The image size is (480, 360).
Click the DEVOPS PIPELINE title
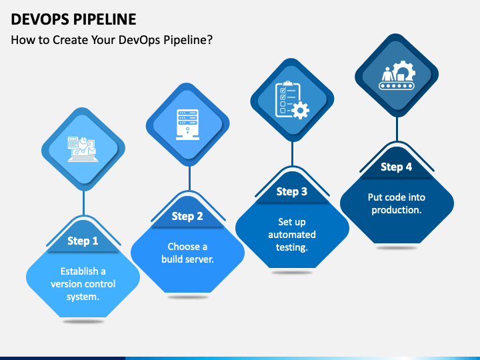click(73, 19)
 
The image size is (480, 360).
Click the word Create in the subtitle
click(71, 40)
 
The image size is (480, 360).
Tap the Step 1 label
click(83, 241)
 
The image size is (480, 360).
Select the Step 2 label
click(187, 217)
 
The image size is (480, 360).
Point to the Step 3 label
click(292, 191)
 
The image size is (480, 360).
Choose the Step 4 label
click(396, 167)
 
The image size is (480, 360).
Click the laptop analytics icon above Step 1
click(82, 149)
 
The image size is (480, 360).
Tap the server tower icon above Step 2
click(187, 125)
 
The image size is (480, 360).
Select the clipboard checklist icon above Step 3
click(292, 100)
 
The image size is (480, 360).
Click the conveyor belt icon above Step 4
click(397, 75)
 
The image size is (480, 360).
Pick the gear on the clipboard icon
click(300, 110)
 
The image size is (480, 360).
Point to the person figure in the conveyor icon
click(387, 74)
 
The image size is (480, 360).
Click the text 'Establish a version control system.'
click(83, 284)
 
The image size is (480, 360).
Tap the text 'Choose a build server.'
click(187, 253)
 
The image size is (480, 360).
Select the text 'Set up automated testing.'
click(292, 235)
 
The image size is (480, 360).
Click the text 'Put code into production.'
click(397, 203)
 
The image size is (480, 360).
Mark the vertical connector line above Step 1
click(83, 203)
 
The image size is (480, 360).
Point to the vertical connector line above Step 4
click(397, 129)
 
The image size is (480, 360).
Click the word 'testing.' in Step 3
click(292, 247)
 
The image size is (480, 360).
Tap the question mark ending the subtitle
click(209, 40)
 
